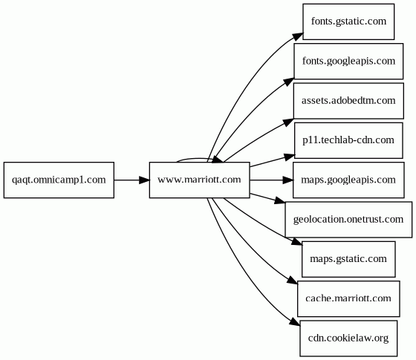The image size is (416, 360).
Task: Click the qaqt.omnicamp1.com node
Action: click(x=59, y=180)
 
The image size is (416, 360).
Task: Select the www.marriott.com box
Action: click(x=200, y=180)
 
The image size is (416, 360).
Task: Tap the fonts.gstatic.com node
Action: click(x=348, y=22)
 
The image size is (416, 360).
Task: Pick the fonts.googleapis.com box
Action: click(x=348, y=61)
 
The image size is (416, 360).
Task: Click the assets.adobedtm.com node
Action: click(x=348, y=101)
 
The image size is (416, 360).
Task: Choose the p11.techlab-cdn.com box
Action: click(x=348, y=140)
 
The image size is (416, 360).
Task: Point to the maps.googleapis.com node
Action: click(x=348, y=180)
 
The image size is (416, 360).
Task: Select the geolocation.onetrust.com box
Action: click(x=348, y=220)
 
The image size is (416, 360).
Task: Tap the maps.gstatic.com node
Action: click(x=348, y=259)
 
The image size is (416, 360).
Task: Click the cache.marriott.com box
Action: click(x=348, y=298)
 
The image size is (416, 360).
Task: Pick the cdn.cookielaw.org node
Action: click(x=348, y=338)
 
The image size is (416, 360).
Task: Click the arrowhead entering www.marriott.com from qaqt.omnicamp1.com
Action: click(x=145, y=180)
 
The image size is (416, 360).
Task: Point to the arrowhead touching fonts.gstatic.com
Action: click(x=298, y=36)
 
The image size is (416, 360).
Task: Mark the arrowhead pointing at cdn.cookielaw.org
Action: click(x=295, y=321)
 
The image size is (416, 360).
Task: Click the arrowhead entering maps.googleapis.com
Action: click(x=288, y=180)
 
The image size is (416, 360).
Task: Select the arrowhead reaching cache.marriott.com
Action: click(x=293, y=281)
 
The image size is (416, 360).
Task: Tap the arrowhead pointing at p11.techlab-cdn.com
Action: click(x=290, y=157)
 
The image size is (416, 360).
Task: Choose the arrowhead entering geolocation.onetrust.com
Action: click(x=280, y=200)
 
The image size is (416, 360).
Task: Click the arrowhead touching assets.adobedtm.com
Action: click(x=289, y=122)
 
